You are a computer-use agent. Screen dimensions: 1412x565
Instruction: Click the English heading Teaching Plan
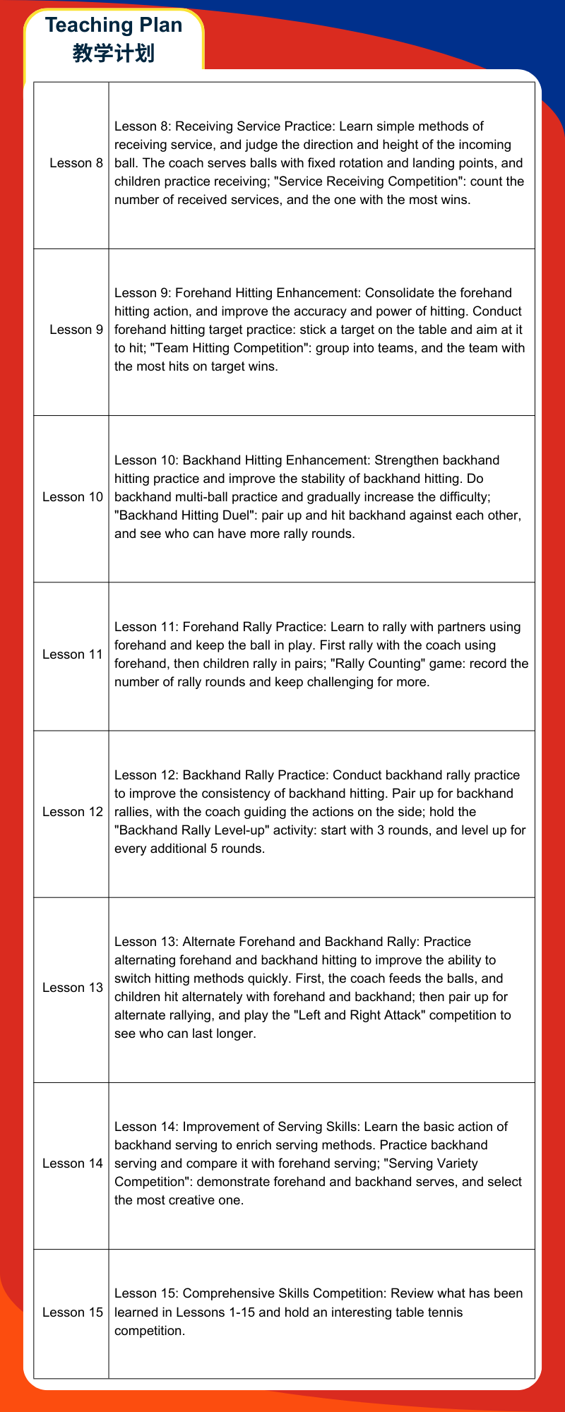tap(114, 25)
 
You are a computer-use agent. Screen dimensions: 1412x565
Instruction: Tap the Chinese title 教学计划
tap(114, 53)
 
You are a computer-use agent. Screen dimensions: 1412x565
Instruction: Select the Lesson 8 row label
tap(76, 163)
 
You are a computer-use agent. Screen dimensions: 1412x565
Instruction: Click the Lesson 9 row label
tap(76, 330)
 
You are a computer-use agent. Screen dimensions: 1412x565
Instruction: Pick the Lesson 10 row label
tap(73, 497)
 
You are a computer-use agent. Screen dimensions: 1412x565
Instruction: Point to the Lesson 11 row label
tap(73, 654)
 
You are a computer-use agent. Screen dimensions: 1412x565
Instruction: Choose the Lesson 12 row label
tap(73, 812)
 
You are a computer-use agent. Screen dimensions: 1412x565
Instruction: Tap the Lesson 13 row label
tap(73, 988)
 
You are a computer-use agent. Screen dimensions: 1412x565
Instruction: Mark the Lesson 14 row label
tap(73, 1163)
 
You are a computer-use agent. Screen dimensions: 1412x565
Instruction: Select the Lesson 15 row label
tap(73, 1312)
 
